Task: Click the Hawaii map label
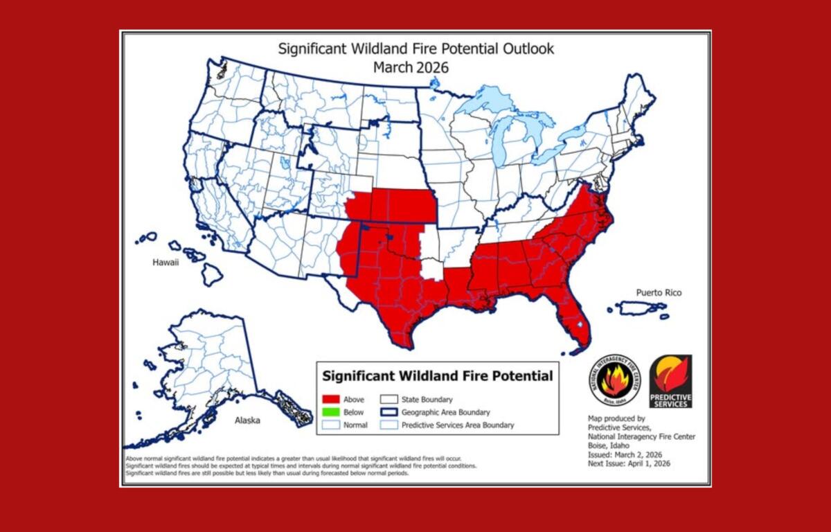click(166, 263)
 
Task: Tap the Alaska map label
click(247, 420)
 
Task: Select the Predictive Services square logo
click(670, 381)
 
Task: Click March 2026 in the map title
click(411, 67)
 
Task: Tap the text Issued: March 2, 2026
click(625, 454)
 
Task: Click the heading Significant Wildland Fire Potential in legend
click(438, 376)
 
